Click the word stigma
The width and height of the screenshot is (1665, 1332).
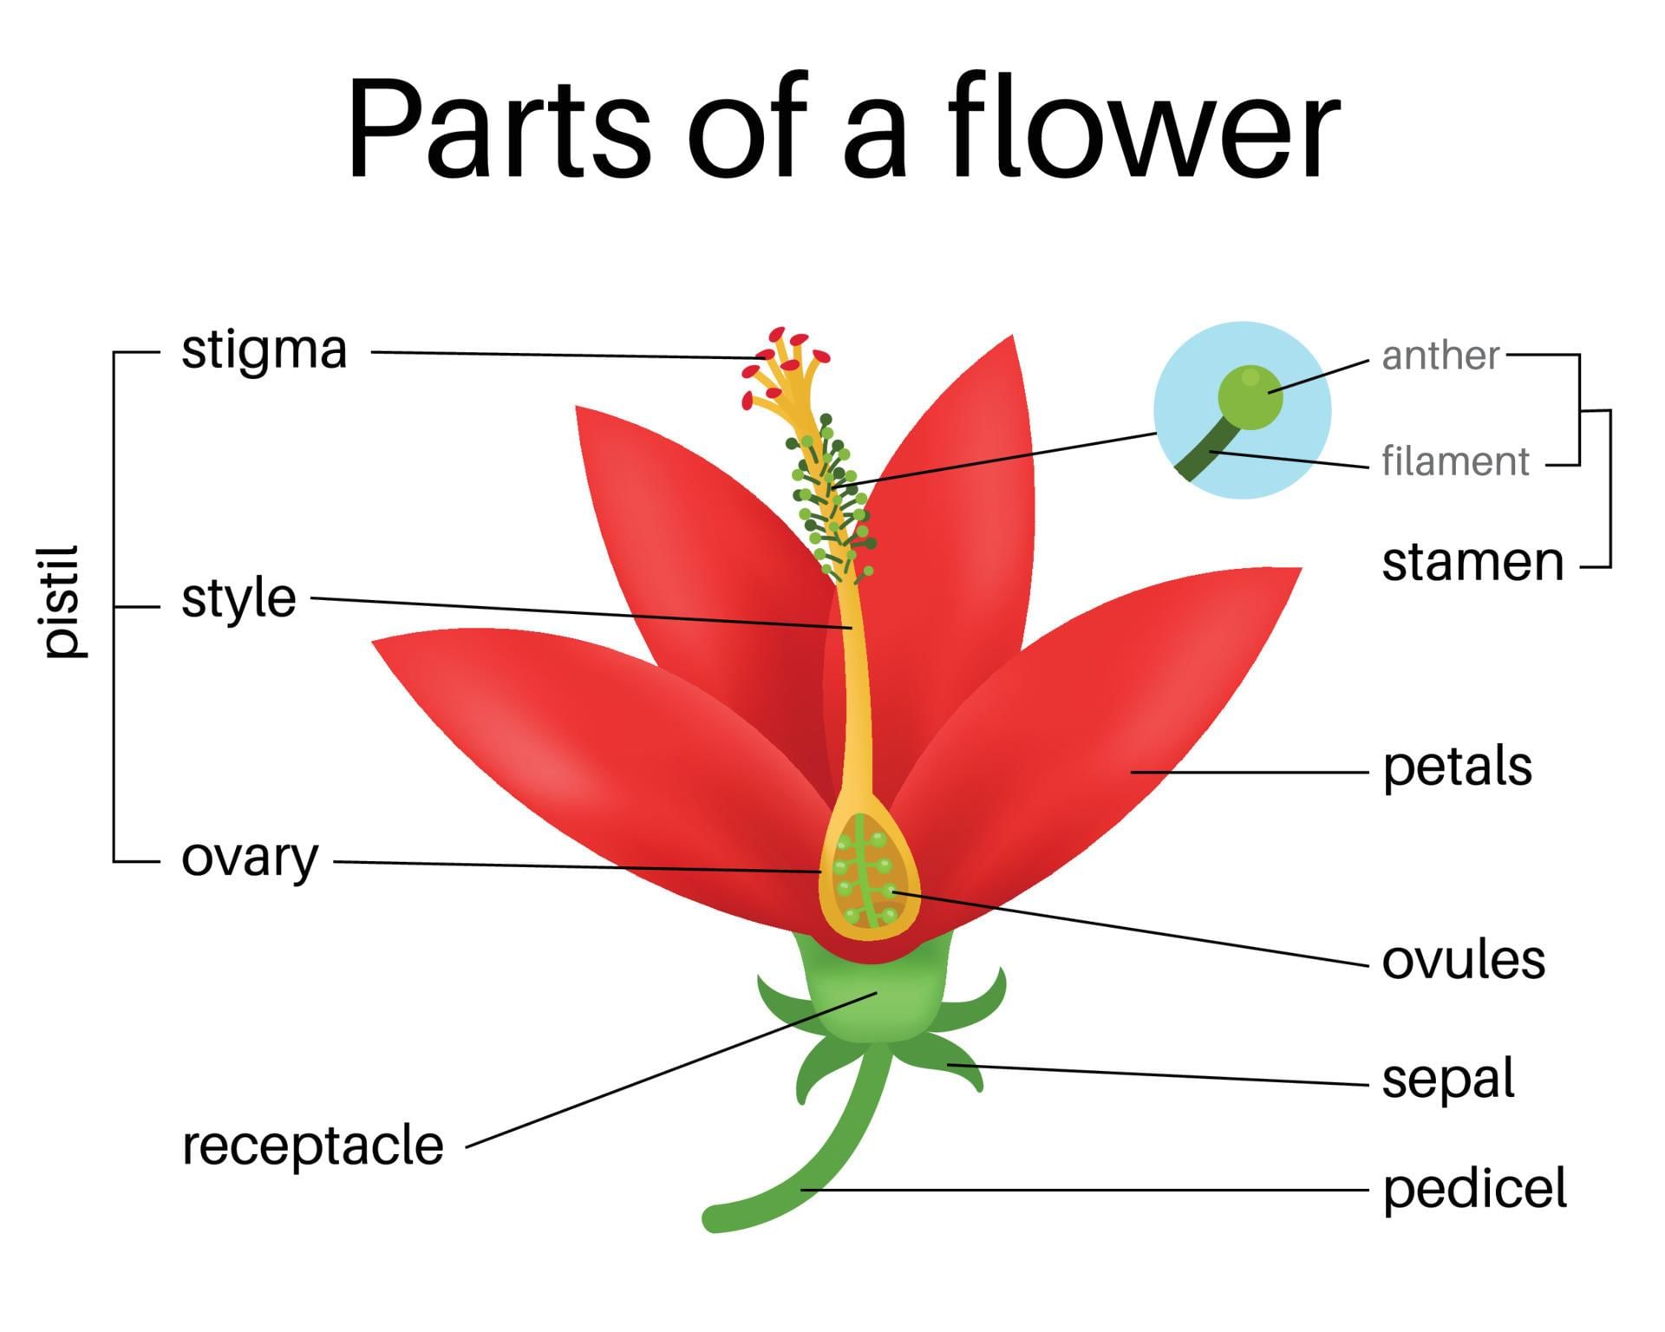pos(264,351)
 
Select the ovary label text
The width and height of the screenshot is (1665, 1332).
pos(250,859)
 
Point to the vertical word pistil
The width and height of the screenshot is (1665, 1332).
pos(64,601)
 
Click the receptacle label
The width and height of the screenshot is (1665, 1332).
pos(312,1146)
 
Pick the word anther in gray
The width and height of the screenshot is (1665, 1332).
pos(1440,356)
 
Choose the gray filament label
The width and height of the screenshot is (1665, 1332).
pos(1454,461)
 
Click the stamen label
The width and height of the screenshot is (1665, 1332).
pos(1472,563)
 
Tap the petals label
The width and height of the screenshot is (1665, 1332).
pos(1457,767)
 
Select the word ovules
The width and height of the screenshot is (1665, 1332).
pos(1463,961)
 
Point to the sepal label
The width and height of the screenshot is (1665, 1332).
pos(1447,1079)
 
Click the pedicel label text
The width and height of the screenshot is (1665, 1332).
pos(1474,1189)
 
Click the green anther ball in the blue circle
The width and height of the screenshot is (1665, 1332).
pos(1249,397)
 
